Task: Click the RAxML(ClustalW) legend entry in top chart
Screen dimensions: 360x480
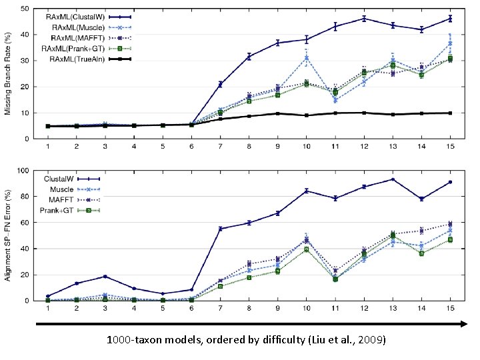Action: [x=83, y=15]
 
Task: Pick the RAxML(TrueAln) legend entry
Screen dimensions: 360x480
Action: [x=85, y=59]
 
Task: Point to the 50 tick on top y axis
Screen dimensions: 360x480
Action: [x=33, y=9]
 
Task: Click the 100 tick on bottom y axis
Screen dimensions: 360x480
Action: [x=31, y=171]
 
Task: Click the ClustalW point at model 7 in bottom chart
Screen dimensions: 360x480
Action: [x=220, y=229]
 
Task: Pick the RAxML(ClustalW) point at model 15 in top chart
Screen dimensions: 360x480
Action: [x=450, y=19]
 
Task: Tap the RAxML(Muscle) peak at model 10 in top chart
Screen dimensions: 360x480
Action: [x=306, y=58]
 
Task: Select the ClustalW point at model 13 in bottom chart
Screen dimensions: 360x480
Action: [x=393, y=179]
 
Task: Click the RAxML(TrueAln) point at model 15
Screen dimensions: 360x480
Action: [x=450, y=113]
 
